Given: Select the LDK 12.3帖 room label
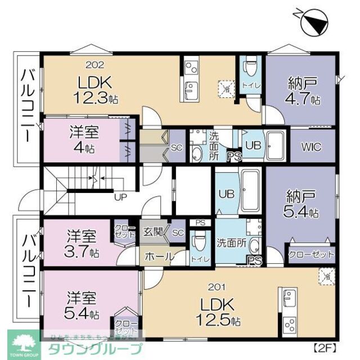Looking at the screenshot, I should point(94,90).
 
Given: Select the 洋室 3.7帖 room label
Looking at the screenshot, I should point(83,242).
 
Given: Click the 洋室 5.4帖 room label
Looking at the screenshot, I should point(83,304).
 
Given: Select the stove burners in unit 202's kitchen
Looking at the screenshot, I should point(190,68).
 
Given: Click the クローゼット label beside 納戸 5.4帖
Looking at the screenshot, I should point(311,254).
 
